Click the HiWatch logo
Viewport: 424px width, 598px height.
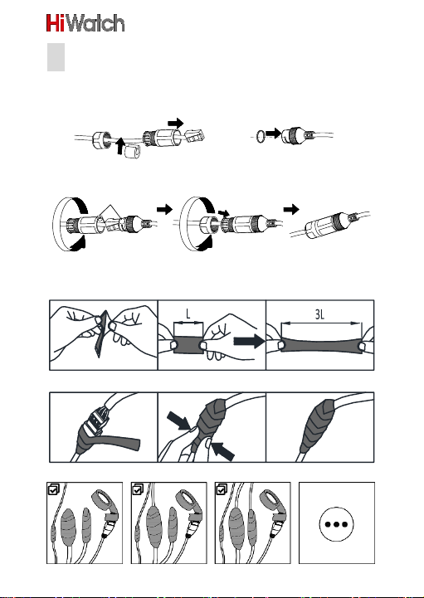pos(85,23)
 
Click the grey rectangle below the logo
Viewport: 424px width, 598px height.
pos(56,57)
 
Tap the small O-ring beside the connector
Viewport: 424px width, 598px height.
pos(260,136)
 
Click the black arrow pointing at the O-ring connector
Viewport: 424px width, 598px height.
pos(273,134)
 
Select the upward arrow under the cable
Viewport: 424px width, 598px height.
pos(120,147)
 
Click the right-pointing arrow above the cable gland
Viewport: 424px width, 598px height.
pos(176,124)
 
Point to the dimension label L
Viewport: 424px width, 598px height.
pos(188,314)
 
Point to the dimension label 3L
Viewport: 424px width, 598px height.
pos(319,314)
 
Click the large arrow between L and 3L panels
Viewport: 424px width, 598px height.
pos(249,341)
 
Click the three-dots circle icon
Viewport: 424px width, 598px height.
pos(336,524)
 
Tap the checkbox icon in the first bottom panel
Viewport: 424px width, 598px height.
pos(53,489)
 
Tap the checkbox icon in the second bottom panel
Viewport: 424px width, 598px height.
pos(138,489)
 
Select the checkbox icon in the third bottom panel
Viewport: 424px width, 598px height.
pos(222,489)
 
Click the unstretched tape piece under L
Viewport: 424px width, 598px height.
pos(188,344)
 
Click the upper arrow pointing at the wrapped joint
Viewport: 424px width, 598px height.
pos(178,421)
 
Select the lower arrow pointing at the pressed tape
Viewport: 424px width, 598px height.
pos(222,451)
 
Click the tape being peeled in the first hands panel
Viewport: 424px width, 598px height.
pos(100,335)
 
